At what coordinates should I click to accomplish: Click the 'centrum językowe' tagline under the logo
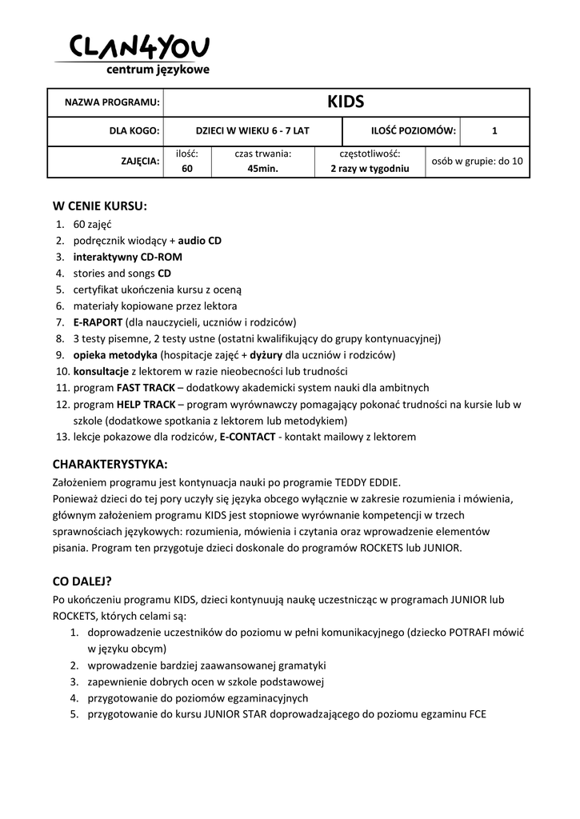(x=158, y=70)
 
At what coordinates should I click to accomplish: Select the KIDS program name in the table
(x=346, y=102)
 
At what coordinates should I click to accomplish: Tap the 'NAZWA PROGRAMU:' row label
(x=112, y=103)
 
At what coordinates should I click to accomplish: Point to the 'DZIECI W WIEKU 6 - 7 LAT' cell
(x=252, y=130)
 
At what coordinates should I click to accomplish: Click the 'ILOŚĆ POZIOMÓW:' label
(x=414, y=130)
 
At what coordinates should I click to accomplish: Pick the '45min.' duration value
(x=262, y=169)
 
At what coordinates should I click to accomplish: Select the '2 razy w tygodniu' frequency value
(x=370, y=169)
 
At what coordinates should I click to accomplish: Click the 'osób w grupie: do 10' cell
(x=478, y=161)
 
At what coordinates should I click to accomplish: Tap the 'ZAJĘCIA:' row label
(x=140, y=161)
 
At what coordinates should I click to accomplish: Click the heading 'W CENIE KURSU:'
(x=100, y=206)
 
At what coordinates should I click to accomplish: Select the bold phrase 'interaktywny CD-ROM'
(x=127, y=257)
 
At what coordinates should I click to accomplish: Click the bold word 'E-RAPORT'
(x=98, y=322)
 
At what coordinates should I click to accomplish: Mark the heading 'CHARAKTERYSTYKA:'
(x=110, y=464)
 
